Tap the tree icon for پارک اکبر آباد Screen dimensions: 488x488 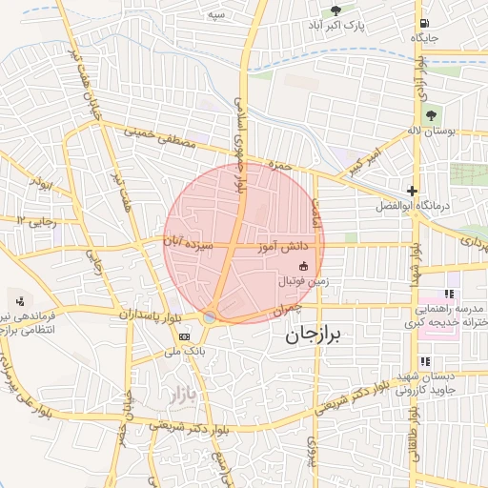335,10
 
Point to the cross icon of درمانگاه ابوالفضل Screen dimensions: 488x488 412,191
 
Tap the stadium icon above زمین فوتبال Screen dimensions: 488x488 304,266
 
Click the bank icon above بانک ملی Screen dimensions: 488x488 184,336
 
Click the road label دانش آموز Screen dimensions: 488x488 280,247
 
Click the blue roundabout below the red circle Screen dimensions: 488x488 209,317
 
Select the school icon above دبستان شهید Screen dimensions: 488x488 425,361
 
